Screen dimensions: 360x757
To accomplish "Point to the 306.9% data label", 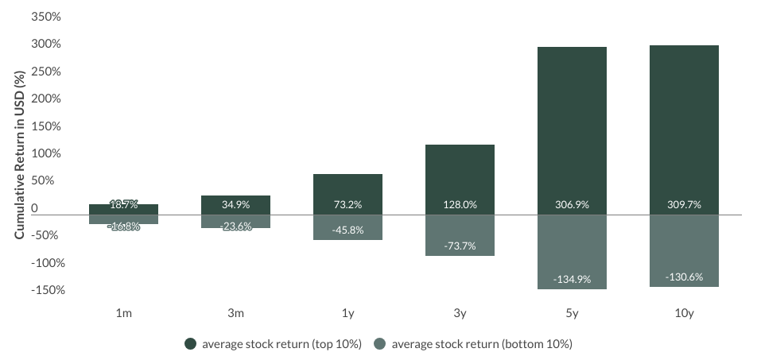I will click(x=572, y=204).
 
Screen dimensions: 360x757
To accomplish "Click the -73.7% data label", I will click(x=460, y=246).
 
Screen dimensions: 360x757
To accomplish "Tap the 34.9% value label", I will click(x=235, y=204).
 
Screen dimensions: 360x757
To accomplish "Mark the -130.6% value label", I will click(x=684, y=277).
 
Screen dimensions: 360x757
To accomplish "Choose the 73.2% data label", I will click(x=347, y=204).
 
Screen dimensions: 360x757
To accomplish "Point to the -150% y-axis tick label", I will click(x=46, y=290).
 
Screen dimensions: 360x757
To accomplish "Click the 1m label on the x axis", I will click(x=123, y=313).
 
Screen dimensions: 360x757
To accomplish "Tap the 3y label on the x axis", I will click(x=460, y=313).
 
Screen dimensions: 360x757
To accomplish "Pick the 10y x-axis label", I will click(x=684, y=313).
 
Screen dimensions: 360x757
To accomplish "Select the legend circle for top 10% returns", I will click(x=190, y=344).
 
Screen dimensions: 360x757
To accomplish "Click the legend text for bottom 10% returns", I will click(x=482, y=344).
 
